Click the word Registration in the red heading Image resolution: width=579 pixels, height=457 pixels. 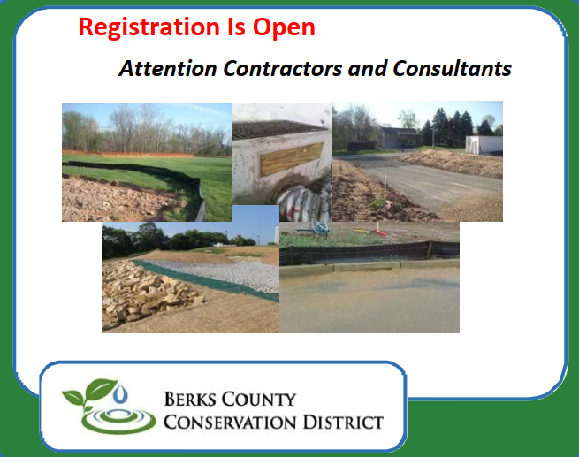pos(149,27)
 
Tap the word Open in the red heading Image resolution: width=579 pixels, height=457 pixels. pos(284,27)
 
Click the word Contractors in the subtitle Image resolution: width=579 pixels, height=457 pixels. pos(283,68)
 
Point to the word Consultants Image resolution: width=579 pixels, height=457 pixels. pos(452,68)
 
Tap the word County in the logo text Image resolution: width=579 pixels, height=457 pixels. pos(258,400)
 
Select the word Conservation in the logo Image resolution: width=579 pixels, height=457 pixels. pos(230,422)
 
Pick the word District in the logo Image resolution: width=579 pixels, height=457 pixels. pos(343,422)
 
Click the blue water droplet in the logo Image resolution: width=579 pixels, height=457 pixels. pos(120,393)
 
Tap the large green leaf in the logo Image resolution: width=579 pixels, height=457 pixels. pos(101,388)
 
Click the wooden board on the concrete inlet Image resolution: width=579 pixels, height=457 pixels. pos(292,159)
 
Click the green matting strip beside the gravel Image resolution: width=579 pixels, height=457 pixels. pos(207,280)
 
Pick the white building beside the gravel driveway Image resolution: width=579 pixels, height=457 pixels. pos(484,145)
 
